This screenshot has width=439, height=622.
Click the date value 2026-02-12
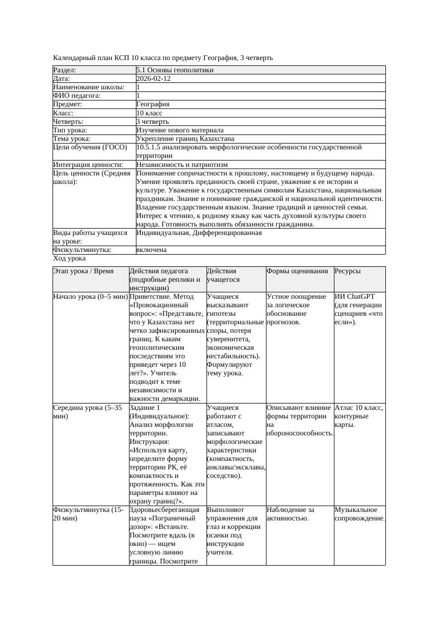coord(153,79)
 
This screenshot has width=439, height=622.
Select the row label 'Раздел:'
coord(65,70)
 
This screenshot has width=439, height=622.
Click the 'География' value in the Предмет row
coord(153,105)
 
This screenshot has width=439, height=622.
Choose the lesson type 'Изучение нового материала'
coord(180,130)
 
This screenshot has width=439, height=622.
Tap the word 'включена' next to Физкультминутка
coord(151,250)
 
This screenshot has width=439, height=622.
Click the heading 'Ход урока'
coord(70,258)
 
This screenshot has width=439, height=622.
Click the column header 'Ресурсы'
coord(348,271)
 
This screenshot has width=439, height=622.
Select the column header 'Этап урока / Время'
coord(83,271)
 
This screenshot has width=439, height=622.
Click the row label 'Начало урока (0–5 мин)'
coord(90,297)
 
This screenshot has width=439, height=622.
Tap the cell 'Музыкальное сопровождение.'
coord(359,514)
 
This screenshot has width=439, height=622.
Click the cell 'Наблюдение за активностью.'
coord(291,514)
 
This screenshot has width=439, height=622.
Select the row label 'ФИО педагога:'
coord(77,96)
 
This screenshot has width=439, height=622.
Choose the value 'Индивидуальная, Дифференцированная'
coord(199,233)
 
